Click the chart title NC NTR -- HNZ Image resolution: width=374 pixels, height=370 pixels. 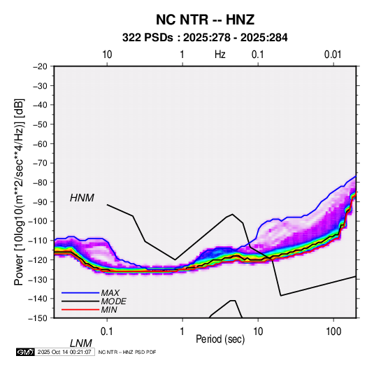pos(205,20)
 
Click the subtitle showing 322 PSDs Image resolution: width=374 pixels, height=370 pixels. pos(205,38)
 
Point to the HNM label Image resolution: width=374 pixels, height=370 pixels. pos(82,198)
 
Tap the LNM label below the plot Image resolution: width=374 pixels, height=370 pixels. pos(81,343)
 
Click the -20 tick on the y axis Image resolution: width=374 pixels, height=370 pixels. pos(40,66)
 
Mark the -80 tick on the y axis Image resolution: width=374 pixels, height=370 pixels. pos(40,183)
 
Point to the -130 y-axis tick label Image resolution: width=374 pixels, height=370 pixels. pos(38,279)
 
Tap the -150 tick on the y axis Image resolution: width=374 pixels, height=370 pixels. pos(38,318)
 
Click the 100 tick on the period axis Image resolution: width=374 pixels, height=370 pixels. pos(333,332)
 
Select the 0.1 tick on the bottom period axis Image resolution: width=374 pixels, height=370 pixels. pos(107,332)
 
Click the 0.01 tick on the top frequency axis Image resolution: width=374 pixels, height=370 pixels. pos(333,55)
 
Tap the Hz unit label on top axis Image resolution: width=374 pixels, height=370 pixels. pos(220,55)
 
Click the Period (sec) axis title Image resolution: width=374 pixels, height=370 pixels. pos(220,339)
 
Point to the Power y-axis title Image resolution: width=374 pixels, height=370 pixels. pos(19,192)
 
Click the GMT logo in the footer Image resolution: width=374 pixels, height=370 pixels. pos(25,352)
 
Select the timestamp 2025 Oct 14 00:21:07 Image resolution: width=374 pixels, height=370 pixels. pos(64,352)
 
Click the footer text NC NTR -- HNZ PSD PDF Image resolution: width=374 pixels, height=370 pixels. pos(127,352)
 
